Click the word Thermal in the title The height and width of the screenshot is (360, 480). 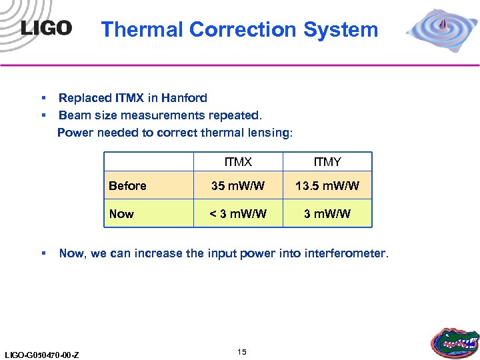(141, 29)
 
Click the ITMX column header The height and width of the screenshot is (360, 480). (238, 162)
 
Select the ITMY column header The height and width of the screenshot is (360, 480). (327, 162)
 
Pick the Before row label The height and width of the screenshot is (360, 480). (127, 186)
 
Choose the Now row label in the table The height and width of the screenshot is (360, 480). (121, 214)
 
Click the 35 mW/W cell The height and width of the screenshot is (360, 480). (238, 186)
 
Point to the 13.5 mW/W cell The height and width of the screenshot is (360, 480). (327, 186)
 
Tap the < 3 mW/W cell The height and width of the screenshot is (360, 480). (238, 214)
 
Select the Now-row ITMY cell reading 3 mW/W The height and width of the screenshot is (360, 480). (327, 214)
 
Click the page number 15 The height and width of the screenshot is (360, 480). (241, 351)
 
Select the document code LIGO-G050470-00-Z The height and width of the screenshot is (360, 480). (41, 355)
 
